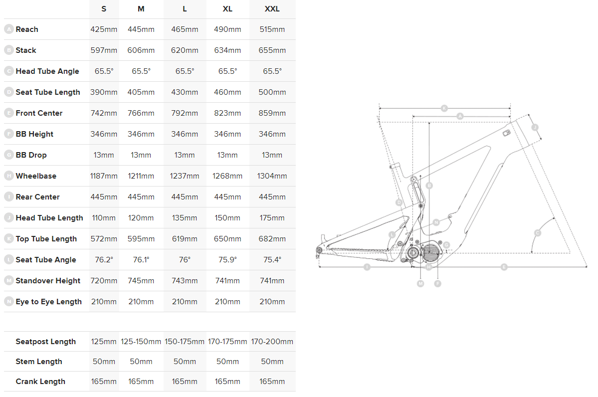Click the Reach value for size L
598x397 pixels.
pyautogui.click(x=185, y=29)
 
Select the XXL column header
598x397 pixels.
pyautogui.click(x=272, y=8)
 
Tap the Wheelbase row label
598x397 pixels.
pyautogui.click(x=36, y=176)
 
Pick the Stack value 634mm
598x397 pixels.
pyautogui.click(x=227, y=50)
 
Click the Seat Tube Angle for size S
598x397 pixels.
pyautogui.click(x=104, y=260)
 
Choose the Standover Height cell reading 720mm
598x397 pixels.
pyautogui.click(x=104, y=281)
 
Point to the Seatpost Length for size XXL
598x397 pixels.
pyautogui.click(x=272, y=342)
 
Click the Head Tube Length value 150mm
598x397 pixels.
pyautogui.click(x=227, y=218)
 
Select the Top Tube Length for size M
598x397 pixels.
pyautogui.click(x=141, y=239)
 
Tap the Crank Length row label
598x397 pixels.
pyautogui.click(x=40, y=382)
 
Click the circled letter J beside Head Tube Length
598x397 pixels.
pyautogui.click(x=9, y=218)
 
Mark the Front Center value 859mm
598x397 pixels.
pyautogui.click(x=272, y=113)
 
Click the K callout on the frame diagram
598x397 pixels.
pyautogui.click(x=444, y=108)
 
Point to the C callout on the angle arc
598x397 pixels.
pyautogui.click(x=538, y=233)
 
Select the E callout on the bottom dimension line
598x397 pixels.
pyautogui.click(x=504, y=267)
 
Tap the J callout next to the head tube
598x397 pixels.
pyautogui.click(x=535, y=128)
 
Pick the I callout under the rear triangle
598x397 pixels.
pyautogui.click(x=367, y=267)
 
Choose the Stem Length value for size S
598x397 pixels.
pyautogui.click(x=104, y=362)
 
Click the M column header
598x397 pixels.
pyautogui.click(x=141, y=8)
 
